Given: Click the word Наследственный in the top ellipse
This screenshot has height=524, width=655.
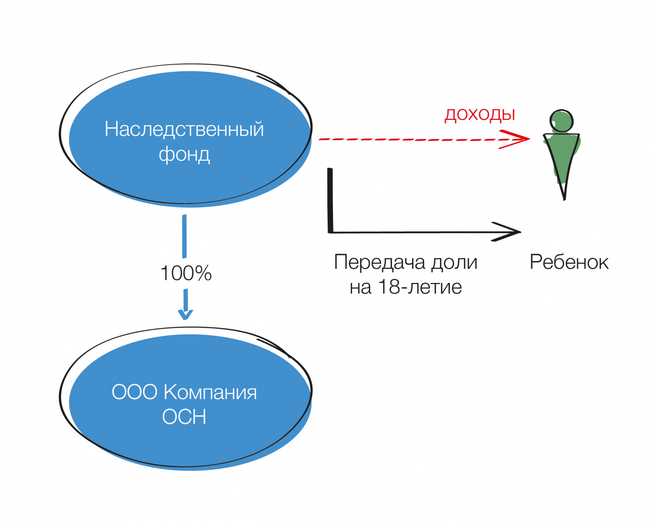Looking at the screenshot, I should (x=184, y=129).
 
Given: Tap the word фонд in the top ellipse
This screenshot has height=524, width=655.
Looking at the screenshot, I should (x=184, y=154).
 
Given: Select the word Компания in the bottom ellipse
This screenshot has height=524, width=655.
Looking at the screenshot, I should (x=210, y=392).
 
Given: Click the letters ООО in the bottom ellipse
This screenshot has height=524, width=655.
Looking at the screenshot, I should (x=134, y=392).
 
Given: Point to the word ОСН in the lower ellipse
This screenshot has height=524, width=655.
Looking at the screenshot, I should (x=184, y=417).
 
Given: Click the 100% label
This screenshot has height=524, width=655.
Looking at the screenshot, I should (x=186, y=273).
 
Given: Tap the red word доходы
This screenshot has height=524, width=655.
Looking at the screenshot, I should (x=480, y=114).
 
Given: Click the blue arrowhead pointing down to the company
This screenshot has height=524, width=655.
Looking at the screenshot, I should (x=185, y=313).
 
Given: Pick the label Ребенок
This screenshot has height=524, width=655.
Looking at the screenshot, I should (x=569, y=262).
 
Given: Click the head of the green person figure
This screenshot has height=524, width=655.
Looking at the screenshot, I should (x=561, y=121).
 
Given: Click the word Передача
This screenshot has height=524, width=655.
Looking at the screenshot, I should (x=379, y=262).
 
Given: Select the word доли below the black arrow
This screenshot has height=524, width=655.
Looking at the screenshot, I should (x=454, y=262).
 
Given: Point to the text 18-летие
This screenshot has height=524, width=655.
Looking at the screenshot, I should (x=419, y=287).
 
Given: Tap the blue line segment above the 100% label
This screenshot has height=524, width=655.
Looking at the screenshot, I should (x=184, y=236).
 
